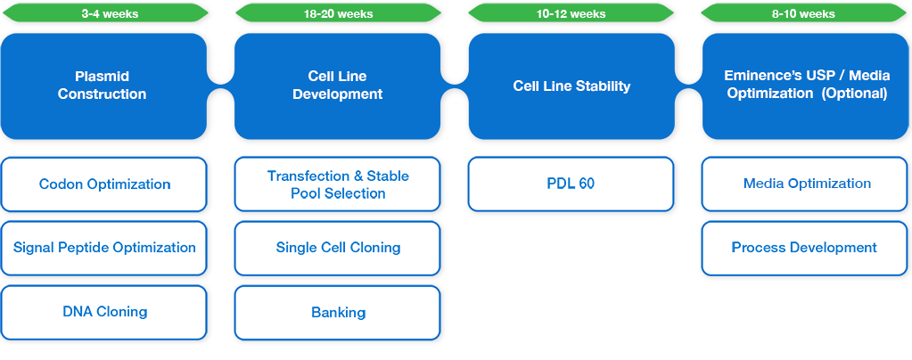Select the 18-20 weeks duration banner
tap(338, 13)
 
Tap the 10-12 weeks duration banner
tap(571, 13)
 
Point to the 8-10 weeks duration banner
tap(804, 13)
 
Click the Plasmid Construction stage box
tap(103, 86)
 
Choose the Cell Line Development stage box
tap(338, 86)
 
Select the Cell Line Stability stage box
tap(571, 86)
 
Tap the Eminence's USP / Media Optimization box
tap(805, 86)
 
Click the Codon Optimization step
tap(104, 184)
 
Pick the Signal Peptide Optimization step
tap(104, 248)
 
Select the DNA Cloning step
tap(104, 312)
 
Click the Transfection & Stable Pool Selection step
tap(338, 184)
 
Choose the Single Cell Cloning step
tap(338, 248)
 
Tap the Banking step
tap(338, 313)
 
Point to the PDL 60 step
tap(571, 184)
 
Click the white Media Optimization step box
tap(806, 184)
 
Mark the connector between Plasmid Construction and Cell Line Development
tap(220, 86)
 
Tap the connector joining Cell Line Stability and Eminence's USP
tap(687, 86)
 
